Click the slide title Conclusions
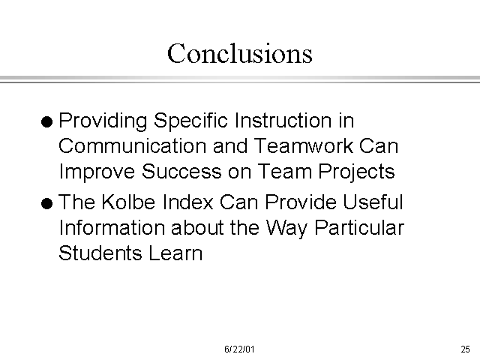click(240, 53)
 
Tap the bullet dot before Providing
click(46, 121)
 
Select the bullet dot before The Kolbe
click(46, 203)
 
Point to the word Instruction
click(283, 120)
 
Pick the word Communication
click(132, 145)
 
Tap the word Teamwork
click(303, 145)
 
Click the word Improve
click(97, 172)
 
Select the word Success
click(181, 171)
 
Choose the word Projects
click(357, 172)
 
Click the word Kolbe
click(128, 202)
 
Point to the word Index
click(187, 202)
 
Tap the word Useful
click(373, 202)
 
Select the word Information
click(112, 228)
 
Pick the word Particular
click(359, 228)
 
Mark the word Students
click(100, 253)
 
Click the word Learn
click(175, 253)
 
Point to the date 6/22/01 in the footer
click(239, 349)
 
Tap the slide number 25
click(465, 349)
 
